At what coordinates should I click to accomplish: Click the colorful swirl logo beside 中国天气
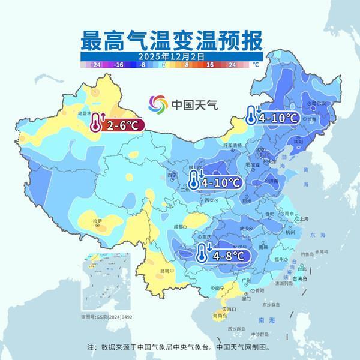159,104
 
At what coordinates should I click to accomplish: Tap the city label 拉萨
97,221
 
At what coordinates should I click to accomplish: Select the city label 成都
178,226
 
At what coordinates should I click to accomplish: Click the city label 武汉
243,228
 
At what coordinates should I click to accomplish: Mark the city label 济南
274,180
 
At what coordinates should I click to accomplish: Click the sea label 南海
261,320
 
